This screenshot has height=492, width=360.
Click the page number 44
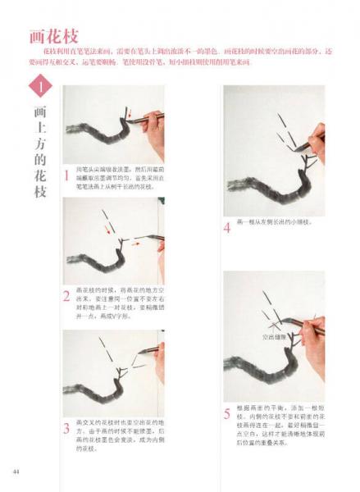tap(16, 471)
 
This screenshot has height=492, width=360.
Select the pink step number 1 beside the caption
tap(66, 175)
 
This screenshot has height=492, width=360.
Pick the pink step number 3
tap(66, 428)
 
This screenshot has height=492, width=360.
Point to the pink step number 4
tap(227, 227)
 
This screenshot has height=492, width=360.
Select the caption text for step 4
tap(275, 222)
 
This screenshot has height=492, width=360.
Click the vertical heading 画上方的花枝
tap(39, 152)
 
